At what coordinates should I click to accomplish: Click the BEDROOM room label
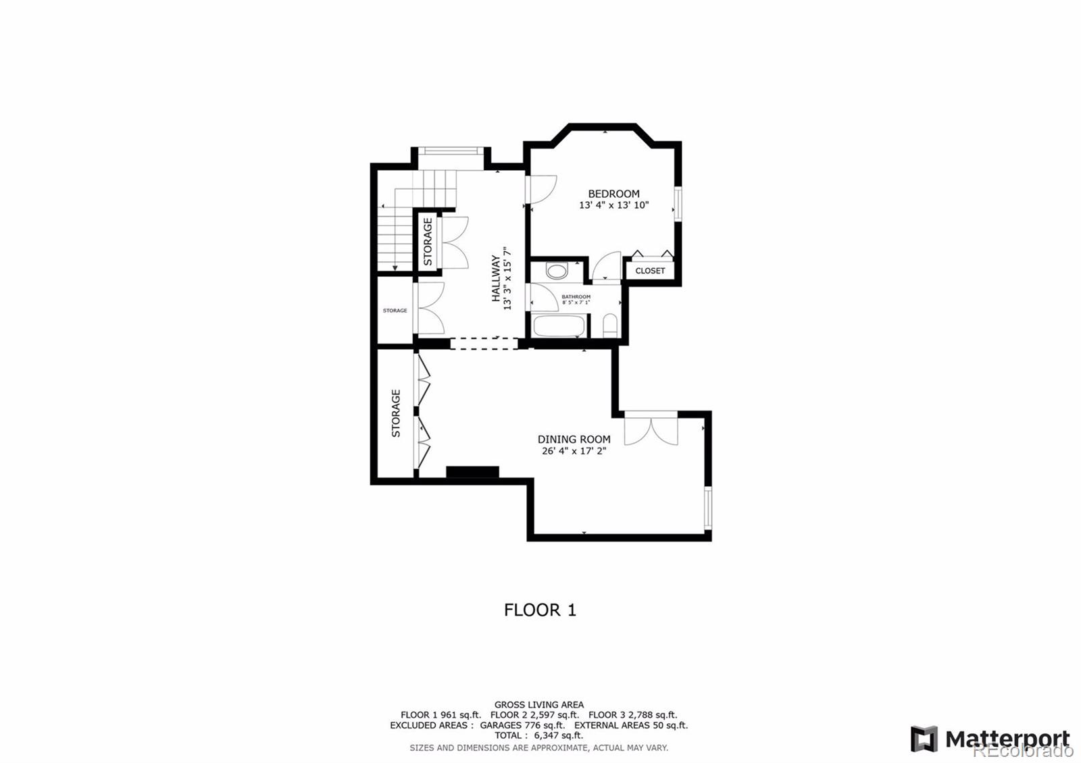613,194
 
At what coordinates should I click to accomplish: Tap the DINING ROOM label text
574,439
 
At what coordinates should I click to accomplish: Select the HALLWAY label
496,278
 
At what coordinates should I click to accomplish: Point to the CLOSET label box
650,271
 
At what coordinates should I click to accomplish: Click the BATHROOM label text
576,296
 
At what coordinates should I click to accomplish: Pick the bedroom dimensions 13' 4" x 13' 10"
613,205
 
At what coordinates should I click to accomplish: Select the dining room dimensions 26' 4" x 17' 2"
574,451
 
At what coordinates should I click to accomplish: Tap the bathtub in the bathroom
559,326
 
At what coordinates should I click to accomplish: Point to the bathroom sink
557,271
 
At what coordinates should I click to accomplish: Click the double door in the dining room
651,429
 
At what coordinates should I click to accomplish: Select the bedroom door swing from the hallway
541,188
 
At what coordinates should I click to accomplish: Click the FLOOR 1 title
540,610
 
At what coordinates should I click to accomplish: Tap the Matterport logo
990,739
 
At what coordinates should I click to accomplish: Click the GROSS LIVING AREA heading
539,705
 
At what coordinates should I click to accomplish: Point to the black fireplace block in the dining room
472,472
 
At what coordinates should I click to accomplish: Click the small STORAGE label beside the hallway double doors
395,311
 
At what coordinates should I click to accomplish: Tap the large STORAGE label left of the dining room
396,413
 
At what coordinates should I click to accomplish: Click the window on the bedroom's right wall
677,205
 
